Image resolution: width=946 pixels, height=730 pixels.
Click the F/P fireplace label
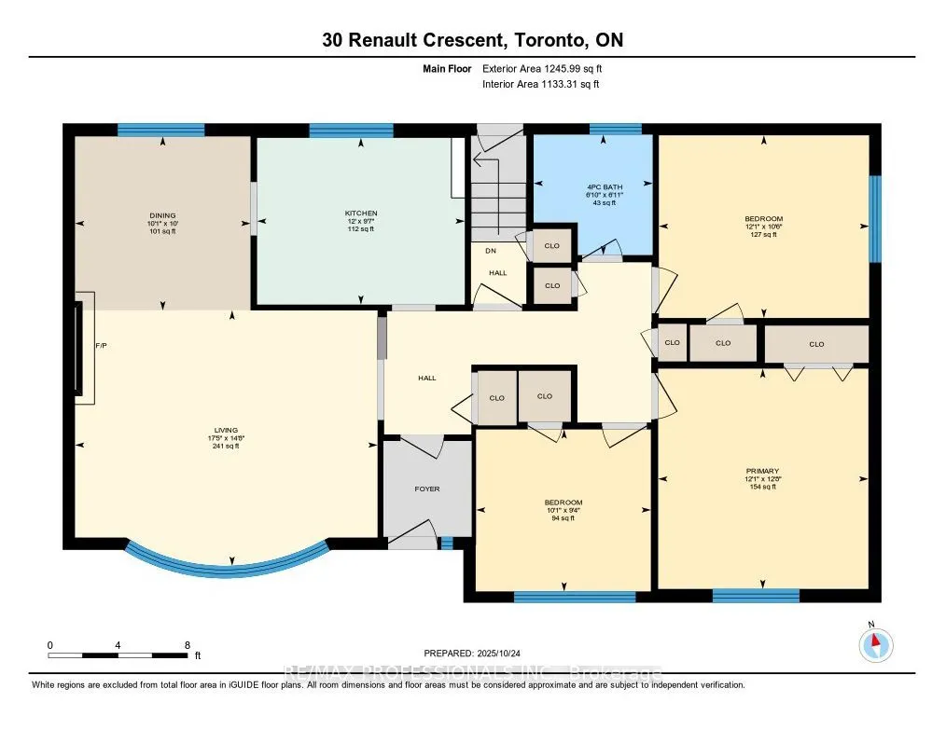coord(102,346)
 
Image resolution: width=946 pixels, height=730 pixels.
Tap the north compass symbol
coord(875,645)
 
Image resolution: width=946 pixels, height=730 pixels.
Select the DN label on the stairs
coord(489,250)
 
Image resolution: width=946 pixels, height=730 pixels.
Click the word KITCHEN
coord(360,213)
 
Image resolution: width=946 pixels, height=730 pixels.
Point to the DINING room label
coord(161,215)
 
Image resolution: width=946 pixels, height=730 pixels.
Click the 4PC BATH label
coord(604,187)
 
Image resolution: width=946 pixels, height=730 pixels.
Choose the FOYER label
coord(426,489)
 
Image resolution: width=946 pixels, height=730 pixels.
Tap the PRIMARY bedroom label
coord(762,471)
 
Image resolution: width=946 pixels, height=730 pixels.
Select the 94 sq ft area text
coord(564,517)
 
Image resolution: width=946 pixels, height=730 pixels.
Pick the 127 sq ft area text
coord(763,234)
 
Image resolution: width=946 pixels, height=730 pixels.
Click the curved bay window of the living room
coord(227,559)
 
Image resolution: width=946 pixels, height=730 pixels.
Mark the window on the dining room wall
coord(160,131)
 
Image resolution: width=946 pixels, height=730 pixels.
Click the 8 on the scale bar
coord(187,645)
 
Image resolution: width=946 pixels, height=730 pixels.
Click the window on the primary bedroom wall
coord(756,595)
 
